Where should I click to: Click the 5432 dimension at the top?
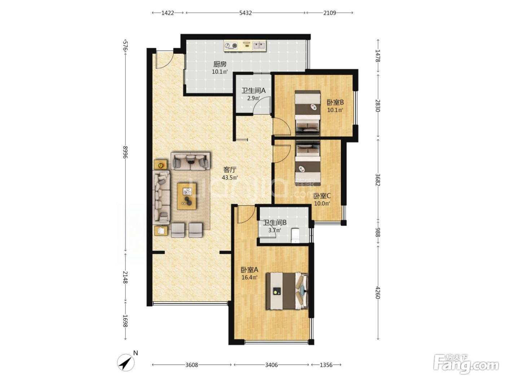(245, 13)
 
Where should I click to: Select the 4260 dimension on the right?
(378, 292)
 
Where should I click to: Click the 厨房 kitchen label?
(220, 64)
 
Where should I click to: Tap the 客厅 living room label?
(230, 170)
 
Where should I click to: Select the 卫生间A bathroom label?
(253, 91)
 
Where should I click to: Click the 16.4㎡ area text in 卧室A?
(249, 277)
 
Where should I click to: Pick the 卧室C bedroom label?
(322, 196)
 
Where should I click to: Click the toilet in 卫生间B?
(295, 235)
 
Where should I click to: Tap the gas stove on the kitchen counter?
(231, 46)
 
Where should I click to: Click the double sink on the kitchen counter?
(259, 45)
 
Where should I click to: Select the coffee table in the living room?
(186, 196)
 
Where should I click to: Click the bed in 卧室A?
(287, 291)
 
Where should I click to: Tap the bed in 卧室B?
(308, 112)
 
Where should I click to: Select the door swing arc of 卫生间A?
(262, 105)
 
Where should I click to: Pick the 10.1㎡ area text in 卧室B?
(335, 110)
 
